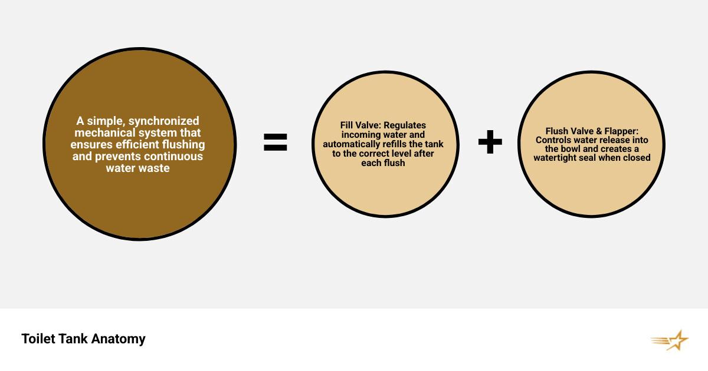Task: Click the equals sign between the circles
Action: click(x=276, y=142)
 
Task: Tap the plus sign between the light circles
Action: click(x=490, y=142)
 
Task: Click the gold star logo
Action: click(x=670, y=340)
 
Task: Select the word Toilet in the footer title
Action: click(x=38, y=339)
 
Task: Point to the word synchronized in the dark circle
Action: click(x=164, y=121)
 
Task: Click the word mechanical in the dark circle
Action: click(x=105, y=132)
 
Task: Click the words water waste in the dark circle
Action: click(x=138, y=168)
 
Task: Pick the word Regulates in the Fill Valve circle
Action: click(x=405, y=125)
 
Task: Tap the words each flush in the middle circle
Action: click(x=383, y=163)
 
